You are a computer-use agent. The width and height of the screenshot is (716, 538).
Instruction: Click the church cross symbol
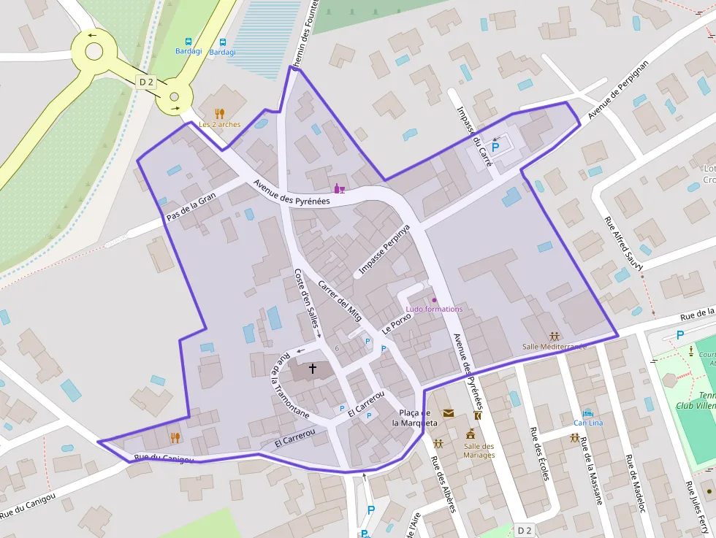coord(313,369)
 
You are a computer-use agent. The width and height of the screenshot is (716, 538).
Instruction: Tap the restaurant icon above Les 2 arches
coord(219,113)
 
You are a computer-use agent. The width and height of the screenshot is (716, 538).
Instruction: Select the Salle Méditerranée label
coord(554,346)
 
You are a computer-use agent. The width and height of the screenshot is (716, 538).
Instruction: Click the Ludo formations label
coord(434,309)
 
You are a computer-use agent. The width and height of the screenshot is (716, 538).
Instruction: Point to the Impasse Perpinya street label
coord(385,250)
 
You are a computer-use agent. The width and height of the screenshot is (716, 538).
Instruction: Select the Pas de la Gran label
coord(191,207)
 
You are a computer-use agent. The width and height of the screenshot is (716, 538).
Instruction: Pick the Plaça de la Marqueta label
coord(415,418)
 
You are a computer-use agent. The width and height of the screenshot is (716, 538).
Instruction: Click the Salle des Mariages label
coord(479,450)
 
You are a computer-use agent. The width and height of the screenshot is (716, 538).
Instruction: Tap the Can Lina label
coord(588,423)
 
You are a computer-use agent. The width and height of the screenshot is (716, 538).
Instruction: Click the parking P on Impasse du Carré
coord(495,147)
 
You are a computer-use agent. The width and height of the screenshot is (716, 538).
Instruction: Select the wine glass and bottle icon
coord(339,189)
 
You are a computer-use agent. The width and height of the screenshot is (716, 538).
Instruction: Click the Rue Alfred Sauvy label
coord(623,244)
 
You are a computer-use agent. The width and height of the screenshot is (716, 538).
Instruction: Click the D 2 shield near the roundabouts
coord(146,82)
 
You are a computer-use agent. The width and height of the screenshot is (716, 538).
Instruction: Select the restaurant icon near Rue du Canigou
coord(175,437)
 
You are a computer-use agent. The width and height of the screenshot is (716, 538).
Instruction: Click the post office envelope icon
coord(448,413)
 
